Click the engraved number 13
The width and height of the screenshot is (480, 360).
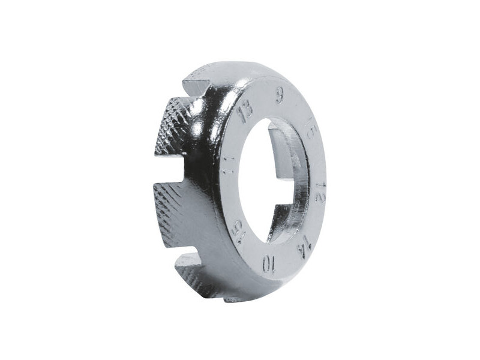coord(244,113)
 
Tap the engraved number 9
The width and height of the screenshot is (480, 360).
coord(280,95)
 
